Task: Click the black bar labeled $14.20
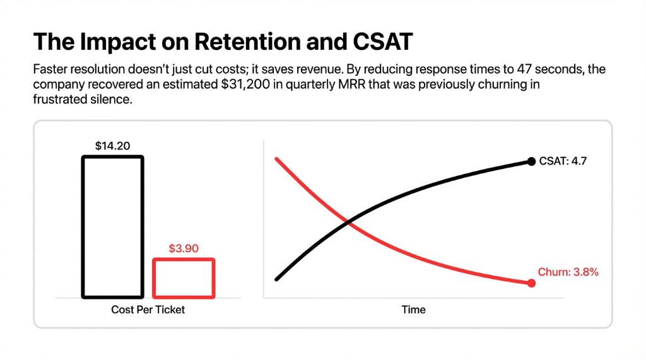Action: (113, 226)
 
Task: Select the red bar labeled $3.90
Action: (184, 278)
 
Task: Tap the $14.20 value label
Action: (112, 146)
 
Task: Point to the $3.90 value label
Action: (184, 248)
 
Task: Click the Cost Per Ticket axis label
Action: (148, 310)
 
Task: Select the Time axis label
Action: (413, 310)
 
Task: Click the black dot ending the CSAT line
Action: (531, 161)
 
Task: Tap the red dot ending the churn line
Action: (531, 284)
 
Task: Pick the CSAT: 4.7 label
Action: (563, 161)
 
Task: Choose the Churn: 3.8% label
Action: (568, 272)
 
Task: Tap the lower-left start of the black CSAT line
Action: (277, 279)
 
